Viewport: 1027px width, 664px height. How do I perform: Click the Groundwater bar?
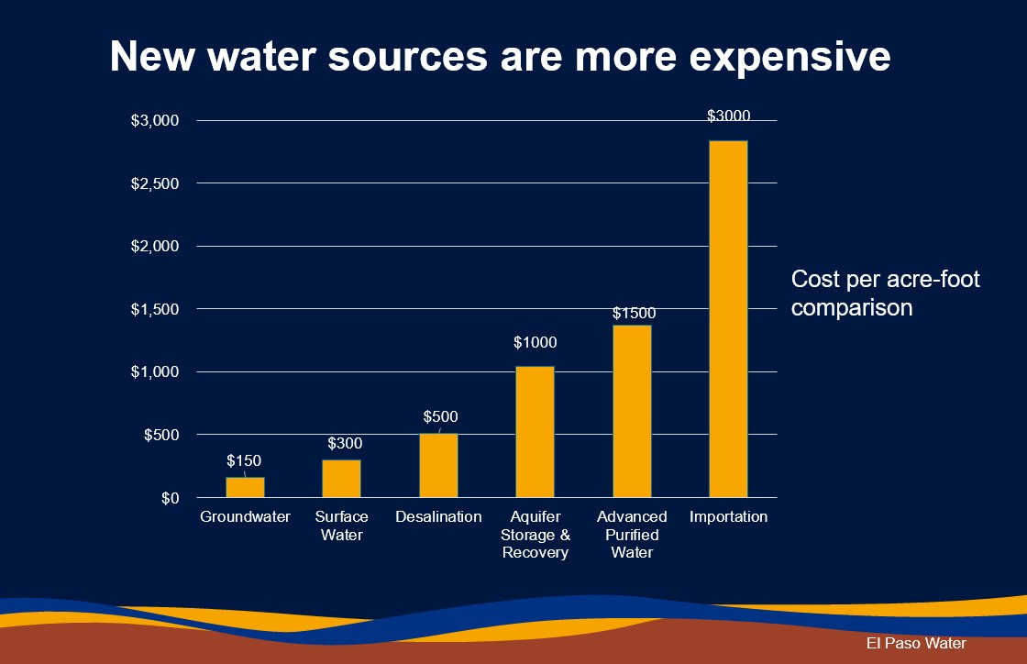pos(245,487)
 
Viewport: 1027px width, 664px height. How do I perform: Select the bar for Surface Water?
pos(341,478)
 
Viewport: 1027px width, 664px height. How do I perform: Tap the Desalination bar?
pos(438,465)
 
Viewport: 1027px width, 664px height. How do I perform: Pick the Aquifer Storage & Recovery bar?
pos(535,431)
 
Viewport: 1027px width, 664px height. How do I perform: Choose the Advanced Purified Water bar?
pos(632,411)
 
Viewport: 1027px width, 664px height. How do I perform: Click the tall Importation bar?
pos(729,318)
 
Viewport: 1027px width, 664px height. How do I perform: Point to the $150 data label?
pos(244,459)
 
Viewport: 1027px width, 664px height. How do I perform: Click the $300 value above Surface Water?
pos(345,444)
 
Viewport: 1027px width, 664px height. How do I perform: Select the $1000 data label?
pos(535,343)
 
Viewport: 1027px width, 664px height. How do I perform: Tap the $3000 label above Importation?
pos(729,116)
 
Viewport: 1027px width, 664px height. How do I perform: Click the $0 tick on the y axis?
pos(169,498)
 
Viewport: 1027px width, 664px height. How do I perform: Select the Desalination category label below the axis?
pos(438,517)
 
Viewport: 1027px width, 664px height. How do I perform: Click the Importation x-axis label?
pos(729,517)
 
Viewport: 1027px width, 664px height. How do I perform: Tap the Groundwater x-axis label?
pos(245,517)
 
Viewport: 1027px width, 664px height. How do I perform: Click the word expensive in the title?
pos(790,57)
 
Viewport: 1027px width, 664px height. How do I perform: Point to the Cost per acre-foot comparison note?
pos(885,293)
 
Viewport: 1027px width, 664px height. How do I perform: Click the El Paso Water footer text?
pos(916,644)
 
